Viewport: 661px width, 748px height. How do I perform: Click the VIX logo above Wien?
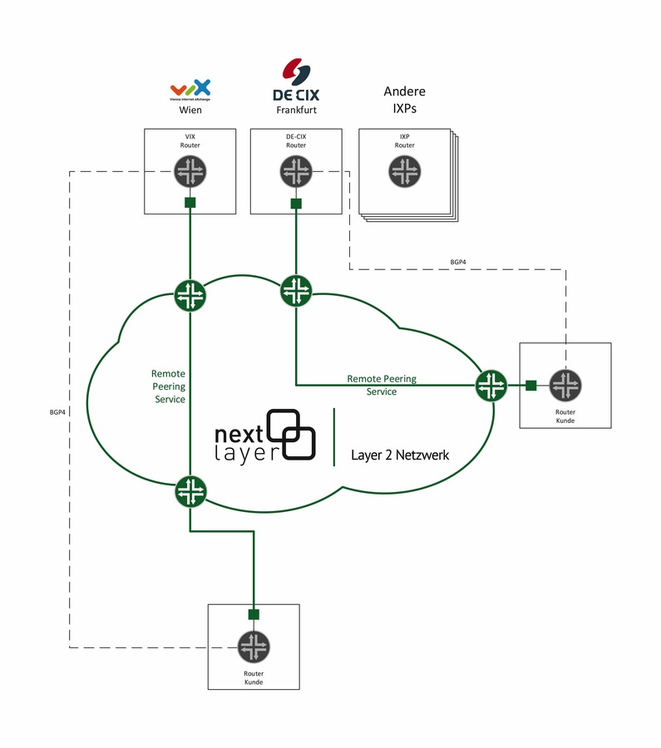click(x=190, y=90)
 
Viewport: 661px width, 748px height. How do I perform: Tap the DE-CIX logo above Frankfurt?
click(x=296, y=81)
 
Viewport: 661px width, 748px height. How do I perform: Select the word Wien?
click(x=190, y=110)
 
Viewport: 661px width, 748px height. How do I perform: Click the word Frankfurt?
click(x=296, y=110)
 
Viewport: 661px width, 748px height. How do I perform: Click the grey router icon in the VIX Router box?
click(x=190, y=172)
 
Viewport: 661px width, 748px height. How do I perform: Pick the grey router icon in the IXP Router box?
click(x=404, y=172)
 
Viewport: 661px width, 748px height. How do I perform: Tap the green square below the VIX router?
click(x=190, y=203)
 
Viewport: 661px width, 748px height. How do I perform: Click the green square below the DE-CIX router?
click(x=296, y=203)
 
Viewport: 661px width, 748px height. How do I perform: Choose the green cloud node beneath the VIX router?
click(x=190, y=295)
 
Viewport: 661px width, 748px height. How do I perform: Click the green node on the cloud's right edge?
click(x=491, y=384)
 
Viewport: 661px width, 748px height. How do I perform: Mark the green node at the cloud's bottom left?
click(x=190, y=490)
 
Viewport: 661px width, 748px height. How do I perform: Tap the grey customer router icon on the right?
click(x=566, y=385)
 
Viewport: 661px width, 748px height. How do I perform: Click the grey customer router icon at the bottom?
click(x=254, y=647)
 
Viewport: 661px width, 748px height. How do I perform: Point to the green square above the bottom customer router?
click(x=254, y=614)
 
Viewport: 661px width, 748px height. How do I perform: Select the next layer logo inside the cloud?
click(x=266, y=435)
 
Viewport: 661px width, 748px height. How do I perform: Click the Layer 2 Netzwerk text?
click(x=399, y=455)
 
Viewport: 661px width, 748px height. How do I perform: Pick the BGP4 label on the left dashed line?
click(x=57, y=412)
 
